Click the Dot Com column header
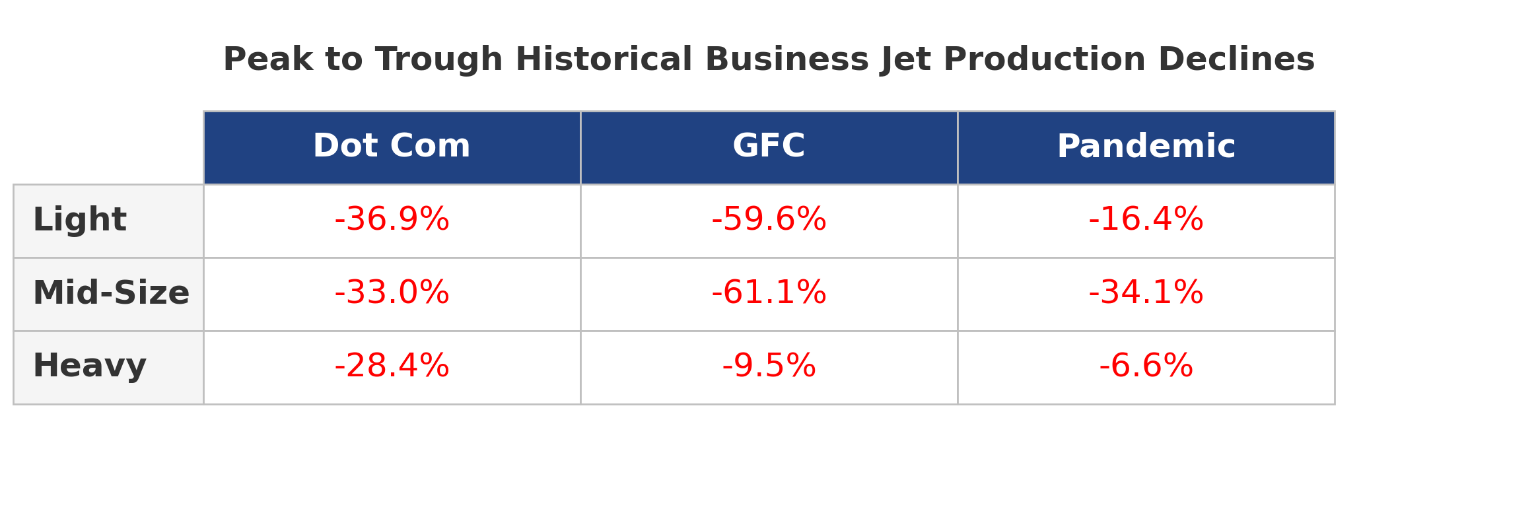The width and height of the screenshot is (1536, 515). (392, 147)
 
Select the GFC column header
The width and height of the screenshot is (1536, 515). (769, 147)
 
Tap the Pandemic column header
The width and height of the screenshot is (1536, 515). (1146, 147)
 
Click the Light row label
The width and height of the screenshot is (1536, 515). (79, 221)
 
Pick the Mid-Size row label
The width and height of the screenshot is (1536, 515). (111, 294)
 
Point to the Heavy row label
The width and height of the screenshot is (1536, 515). (89, 367)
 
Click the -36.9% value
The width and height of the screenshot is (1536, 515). (392, 221)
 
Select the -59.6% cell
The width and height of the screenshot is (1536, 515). (769, 221)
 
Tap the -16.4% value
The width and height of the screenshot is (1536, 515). (1146, 221)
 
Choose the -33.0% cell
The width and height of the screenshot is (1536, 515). (392, 294)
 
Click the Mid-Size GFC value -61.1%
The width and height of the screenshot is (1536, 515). (769, 294)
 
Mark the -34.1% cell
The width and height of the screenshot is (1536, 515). (1146, 294)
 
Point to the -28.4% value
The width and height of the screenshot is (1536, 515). (392, 367)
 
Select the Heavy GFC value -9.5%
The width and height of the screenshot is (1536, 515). (769, 367)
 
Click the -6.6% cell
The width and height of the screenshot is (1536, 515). (1146, 367)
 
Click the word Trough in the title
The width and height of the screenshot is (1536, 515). (438, 61)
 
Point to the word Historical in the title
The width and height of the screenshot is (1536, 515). (604, 61)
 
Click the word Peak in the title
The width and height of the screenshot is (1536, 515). (267, 61)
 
